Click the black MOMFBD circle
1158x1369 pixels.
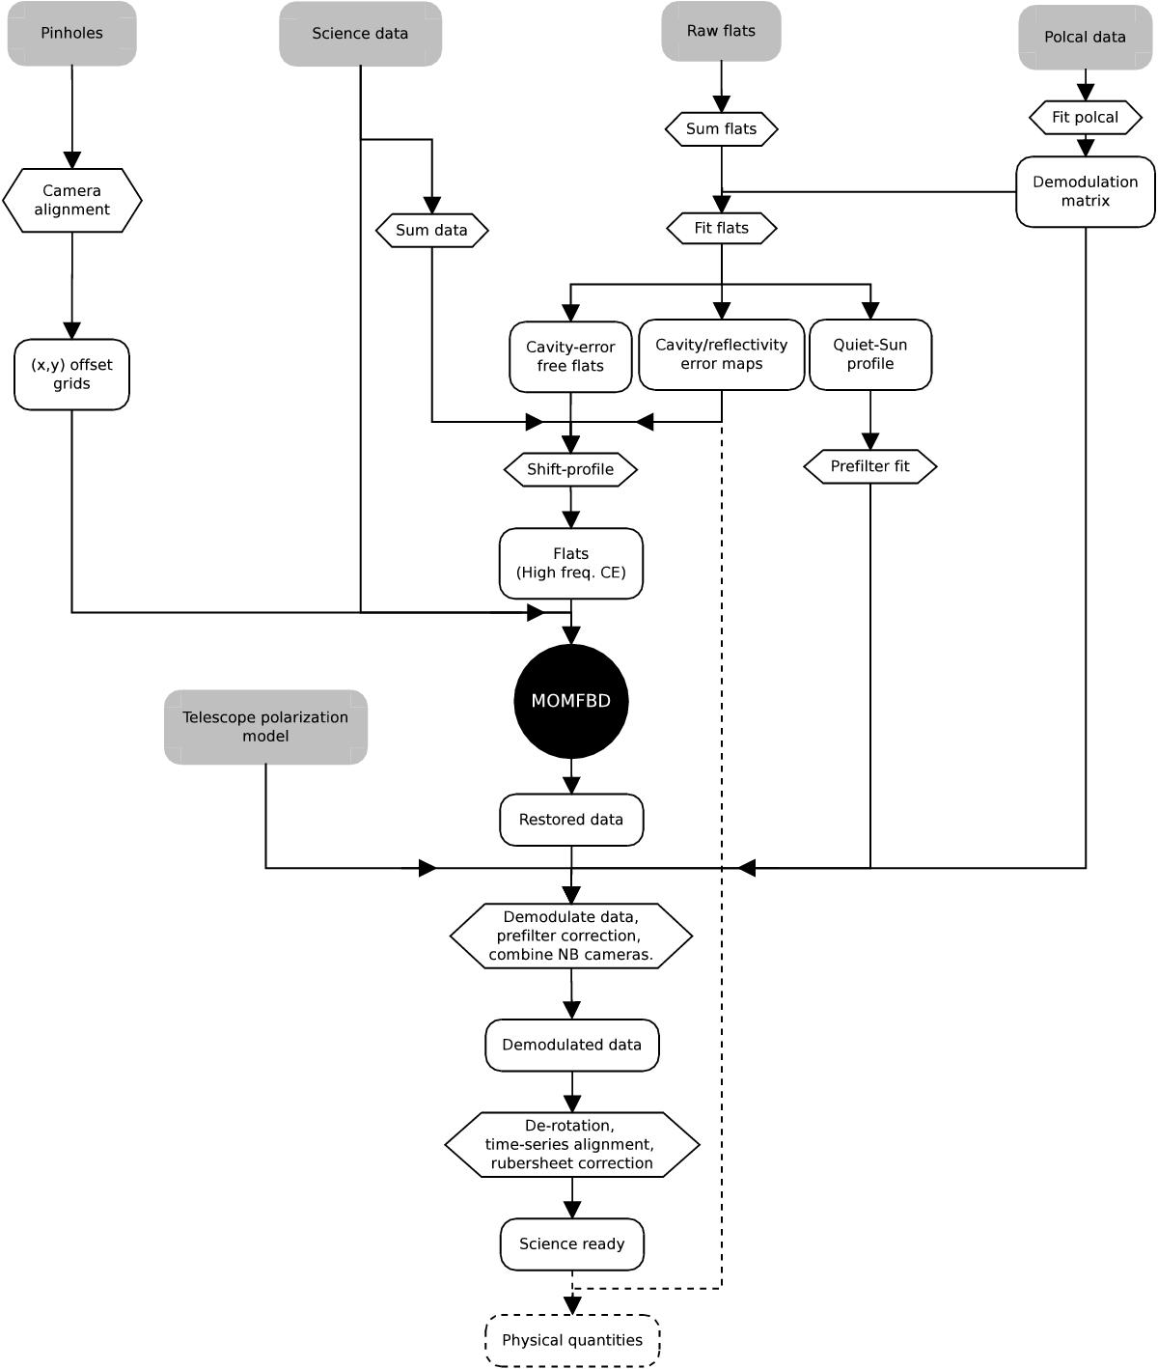coord(571,701)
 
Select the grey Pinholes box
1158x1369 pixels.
coord(72,34)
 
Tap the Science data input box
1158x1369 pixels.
coord(360,34)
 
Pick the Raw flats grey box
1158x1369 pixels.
coord(721,31)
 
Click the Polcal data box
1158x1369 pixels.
coord(1085,38)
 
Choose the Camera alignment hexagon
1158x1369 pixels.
coord(72,200)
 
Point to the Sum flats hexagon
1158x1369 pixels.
coord(721,128)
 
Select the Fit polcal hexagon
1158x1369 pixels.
coord(1085,118)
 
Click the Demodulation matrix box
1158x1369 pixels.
coord(1085,191)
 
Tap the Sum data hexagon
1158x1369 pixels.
coord(431,231)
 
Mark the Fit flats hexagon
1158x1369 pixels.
coord(721,229)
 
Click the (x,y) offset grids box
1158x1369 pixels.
coord(72,375)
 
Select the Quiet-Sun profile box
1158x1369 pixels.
coord(870,354)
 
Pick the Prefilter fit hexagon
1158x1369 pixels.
coord(870,466)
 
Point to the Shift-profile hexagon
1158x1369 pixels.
coord(570,470)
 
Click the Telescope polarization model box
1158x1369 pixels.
coord(265,727)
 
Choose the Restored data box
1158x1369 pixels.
coord(571,820)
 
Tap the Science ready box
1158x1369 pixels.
coord(572,1244)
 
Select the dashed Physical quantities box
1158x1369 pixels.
coord(572,1340)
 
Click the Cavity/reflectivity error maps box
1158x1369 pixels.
coord(721,354)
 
